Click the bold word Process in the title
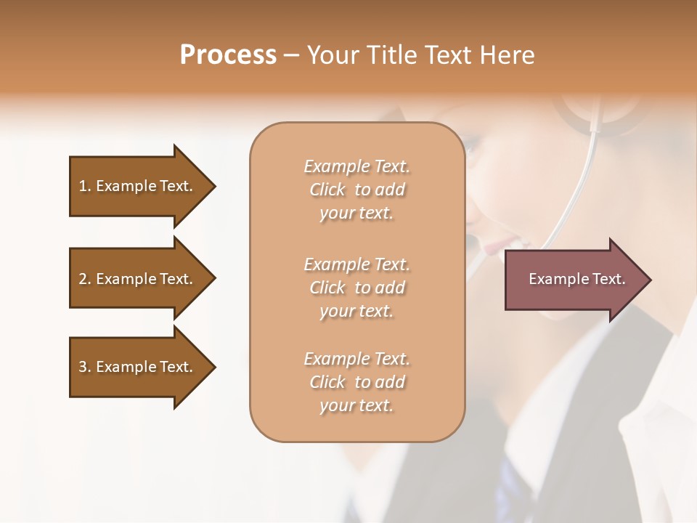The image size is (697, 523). [x=228, y=55]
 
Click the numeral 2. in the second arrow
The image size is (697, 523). [x=84, y=279]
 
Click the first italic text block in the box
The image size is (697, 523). [x=356, y=190]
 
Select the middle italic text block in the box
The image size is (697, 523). [x=356, y=288]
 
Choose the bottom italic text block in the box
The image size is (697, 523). [x=356, y=382]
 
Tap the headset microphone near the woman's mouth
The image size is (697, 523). [x=473, y=240]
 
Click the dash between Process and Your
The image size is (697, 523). [x=292, y=56]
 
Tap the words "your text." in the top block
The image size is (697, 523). [x=356, y=214]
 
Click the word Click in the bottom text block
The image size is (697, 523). [x=327, y=382]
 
